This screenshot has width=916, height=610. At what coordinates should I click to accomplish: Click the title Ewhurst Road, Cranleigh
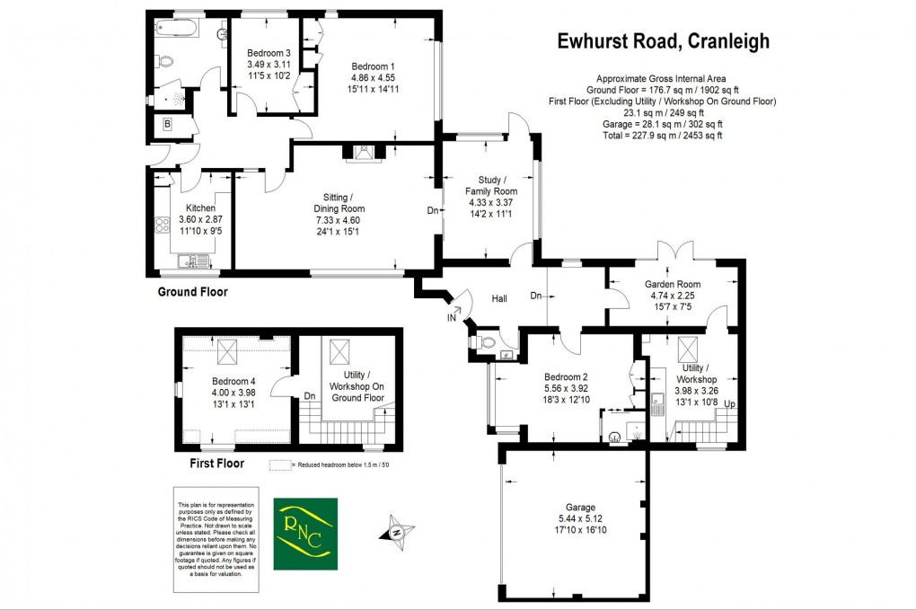click(663, 40)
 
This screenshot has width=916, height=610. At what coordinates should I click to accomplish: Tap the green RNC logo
click(307, 534)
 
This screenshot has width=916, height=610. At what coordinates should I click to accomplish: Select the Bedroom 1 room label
click(373, 67)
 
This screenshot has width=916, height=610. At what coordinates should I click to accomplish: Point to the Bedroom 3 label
click(269, 53)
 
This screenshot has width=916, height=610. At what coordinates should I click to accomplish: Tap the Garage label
click(575, 507)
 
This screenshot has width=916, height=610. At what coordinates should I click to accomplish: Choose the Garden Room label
click(673, 285)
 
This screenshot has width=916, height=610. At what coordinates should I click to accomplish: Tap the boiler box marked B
click(167, 125)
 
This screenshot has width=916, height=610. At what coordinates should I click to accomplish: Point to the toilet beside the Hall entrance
click(487, 342)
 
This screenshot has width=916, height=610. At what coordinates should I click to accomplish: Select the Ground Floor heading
click(192, 292)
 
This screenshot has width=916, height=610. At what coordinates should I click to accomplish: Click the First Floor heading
click(219, 464)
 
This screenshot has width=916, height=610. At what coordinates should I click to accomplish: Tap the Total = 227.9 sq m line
click(662, 136)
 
